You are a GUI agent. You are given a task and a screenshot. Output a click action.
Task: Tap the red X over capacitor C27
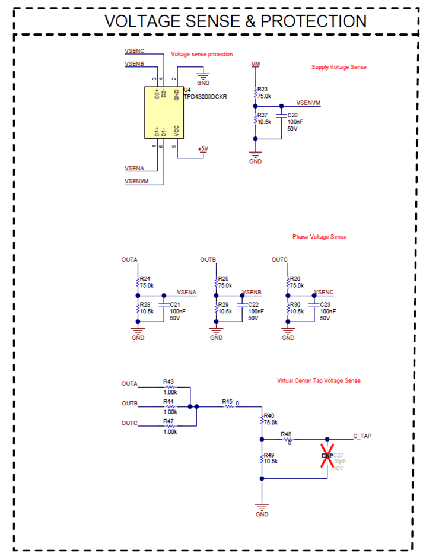click(x=326, y=455)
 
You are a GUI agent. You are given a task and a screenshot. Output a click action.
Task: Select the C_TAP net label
click(x=362, y=436)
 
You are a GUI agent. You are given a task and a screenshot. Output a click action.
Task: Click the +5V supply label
click(x=202, y=148)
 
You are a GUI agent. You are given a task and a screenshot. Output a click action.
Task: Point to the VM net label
click(x=256, y=63)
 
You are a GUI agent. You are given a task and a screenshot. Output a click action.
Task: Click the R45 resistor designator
click(x=227, y=402)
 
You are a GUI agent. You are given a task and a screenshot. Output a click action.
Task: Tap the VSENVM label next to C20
click(x=308, y=103)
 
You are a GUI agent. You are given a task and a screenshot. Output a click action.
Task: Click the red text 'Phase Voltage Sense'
click(x=319, y=237)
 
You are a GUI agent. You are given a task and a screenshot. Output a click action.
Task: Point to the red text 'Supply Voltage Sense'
click(x=339, y=67)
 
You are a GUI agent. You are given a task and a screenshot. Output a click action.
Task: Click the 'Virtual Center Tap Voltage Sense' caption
click(x=319, y=380)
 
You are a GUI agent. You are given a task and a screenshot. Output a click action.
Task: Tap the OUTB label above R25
click(x=208, y=260)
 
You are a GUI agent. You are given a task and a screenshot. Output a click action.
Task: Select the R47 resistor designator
click(x=169, y=420)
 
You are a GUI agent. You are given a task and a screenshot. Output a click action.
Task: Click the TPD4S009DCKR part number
click(x=206, y=96)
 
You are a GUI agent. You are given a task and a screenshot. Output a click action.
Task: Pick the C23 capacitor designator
click(x=325, y=304)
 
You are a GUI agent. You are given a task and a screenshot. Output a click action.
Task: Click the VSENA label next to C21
click(x=186, y=292)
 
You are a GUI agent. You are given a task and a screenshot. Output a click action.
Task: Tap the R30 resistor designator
click(x=294, y=304)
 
